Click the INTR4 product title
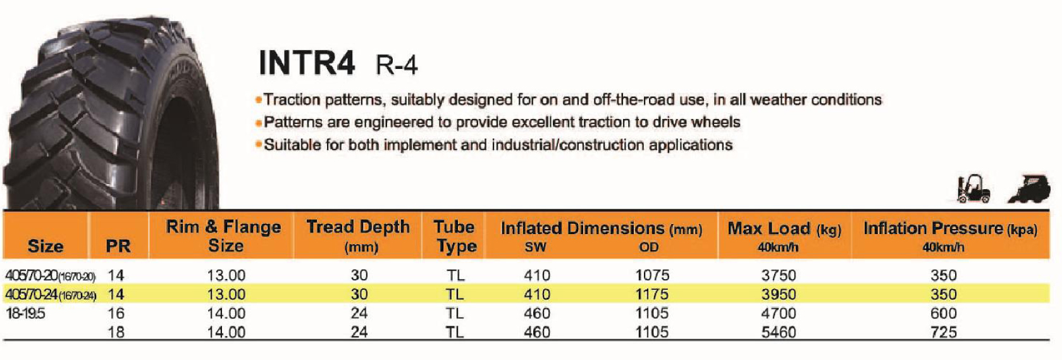pyautogui.click(x=307, y=63)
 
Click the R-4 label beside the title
pyautogui.click(x=397, y=65)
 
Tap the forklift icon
pyautogui.click(x=973, y=189)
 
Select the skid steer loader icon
pyautogui.click(x=1029, y=189)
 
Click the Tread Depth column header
pyautogui.click(x=358, y=236)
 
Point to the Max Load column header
pyautogui.click(x=784, y=236)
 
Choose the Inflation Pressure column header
pyautogui.click(x=950, y=236)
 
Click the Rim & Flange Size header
pyautogui.click(x=223, y=236)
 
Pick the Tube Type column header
pyautogui.click(x=455, y=236)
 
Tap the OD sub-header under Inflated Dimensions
pyautogui.click(x=648, y=247)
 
